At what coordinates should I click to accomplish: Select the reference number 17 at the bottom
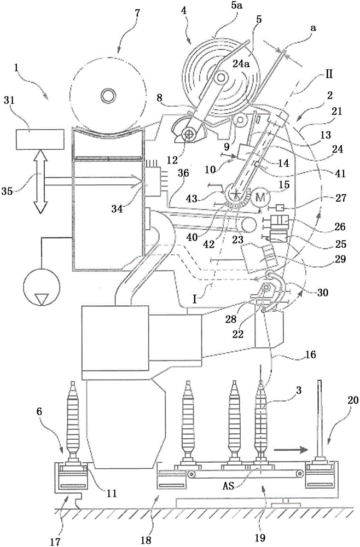57,528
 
